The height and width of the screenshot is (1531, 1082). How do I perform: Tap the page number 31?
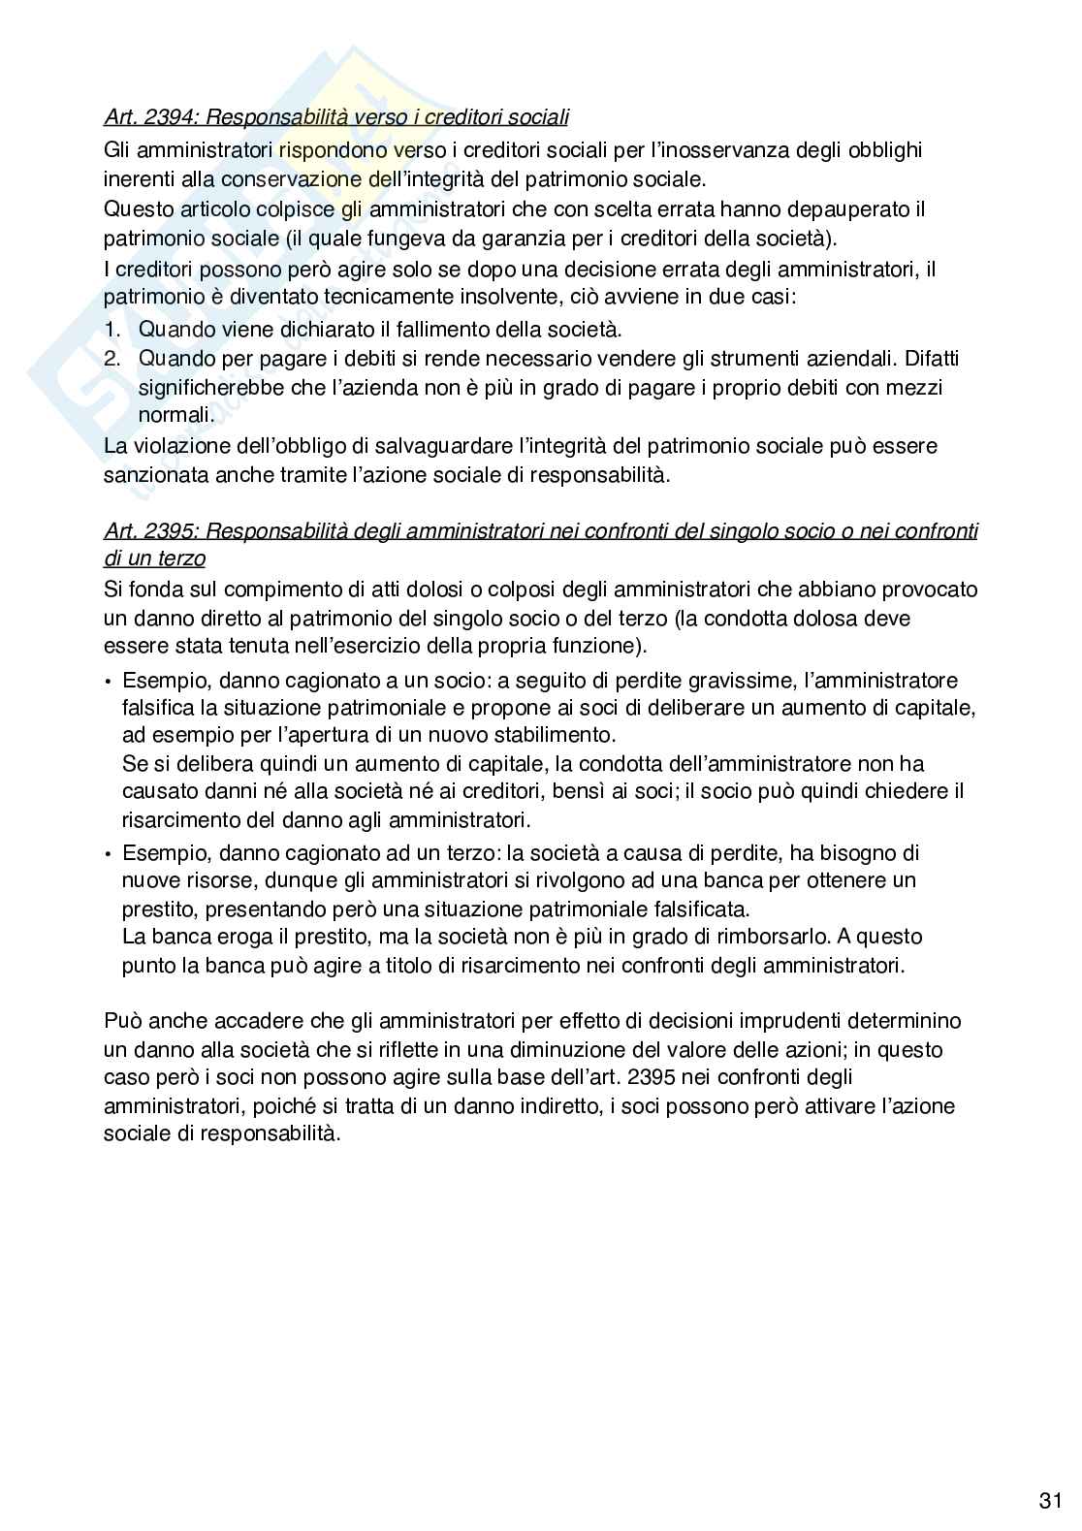[x=1050, y=1501]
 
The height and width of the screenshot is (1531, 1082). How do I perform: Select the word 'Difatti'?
[x=932, y=359]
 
